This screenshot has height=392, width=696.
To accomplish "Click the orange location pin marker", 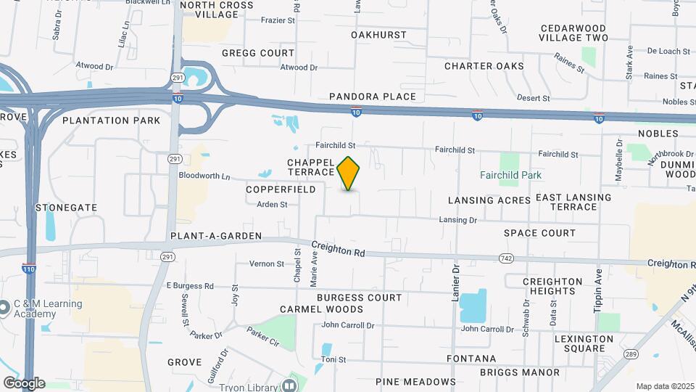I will pos(349,173).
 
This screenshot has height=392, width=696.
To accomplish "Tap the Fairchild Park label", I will pos(510,175).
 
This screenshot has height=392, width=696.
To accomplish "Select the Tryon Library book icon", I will pos(290,384).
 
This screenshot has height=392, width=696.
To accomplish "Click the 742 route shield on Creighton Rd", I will pos(507,258).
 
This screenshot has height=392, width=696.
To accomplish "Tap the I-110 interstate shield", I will pos(29,267).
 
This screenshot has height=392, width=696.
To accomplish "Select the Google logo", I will pos(24,383).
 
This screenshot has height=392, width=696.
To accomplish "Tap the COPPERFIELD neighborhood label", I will pos(281,189).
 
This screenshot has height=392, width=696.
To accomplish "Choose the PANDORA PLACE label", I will pos(373,97).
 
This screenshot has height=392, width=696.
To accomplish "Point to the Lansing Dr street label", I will pos(458,220).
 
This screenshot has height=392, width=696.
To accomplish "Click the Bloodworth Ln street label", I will pos(204,176).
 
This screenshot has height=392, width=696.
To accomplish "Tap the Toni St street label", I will pos(333,359).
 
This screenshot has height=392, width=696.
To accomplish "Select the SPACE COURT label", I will pos(540,233).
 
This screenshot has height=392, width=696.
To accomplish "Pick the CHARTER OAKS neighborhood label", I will pos(484,66).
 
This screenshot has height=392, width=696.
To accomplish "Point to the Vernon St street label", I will pos(266,264).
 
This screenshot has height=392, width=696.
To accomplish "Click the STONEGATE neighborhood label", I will pos(66,208).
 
